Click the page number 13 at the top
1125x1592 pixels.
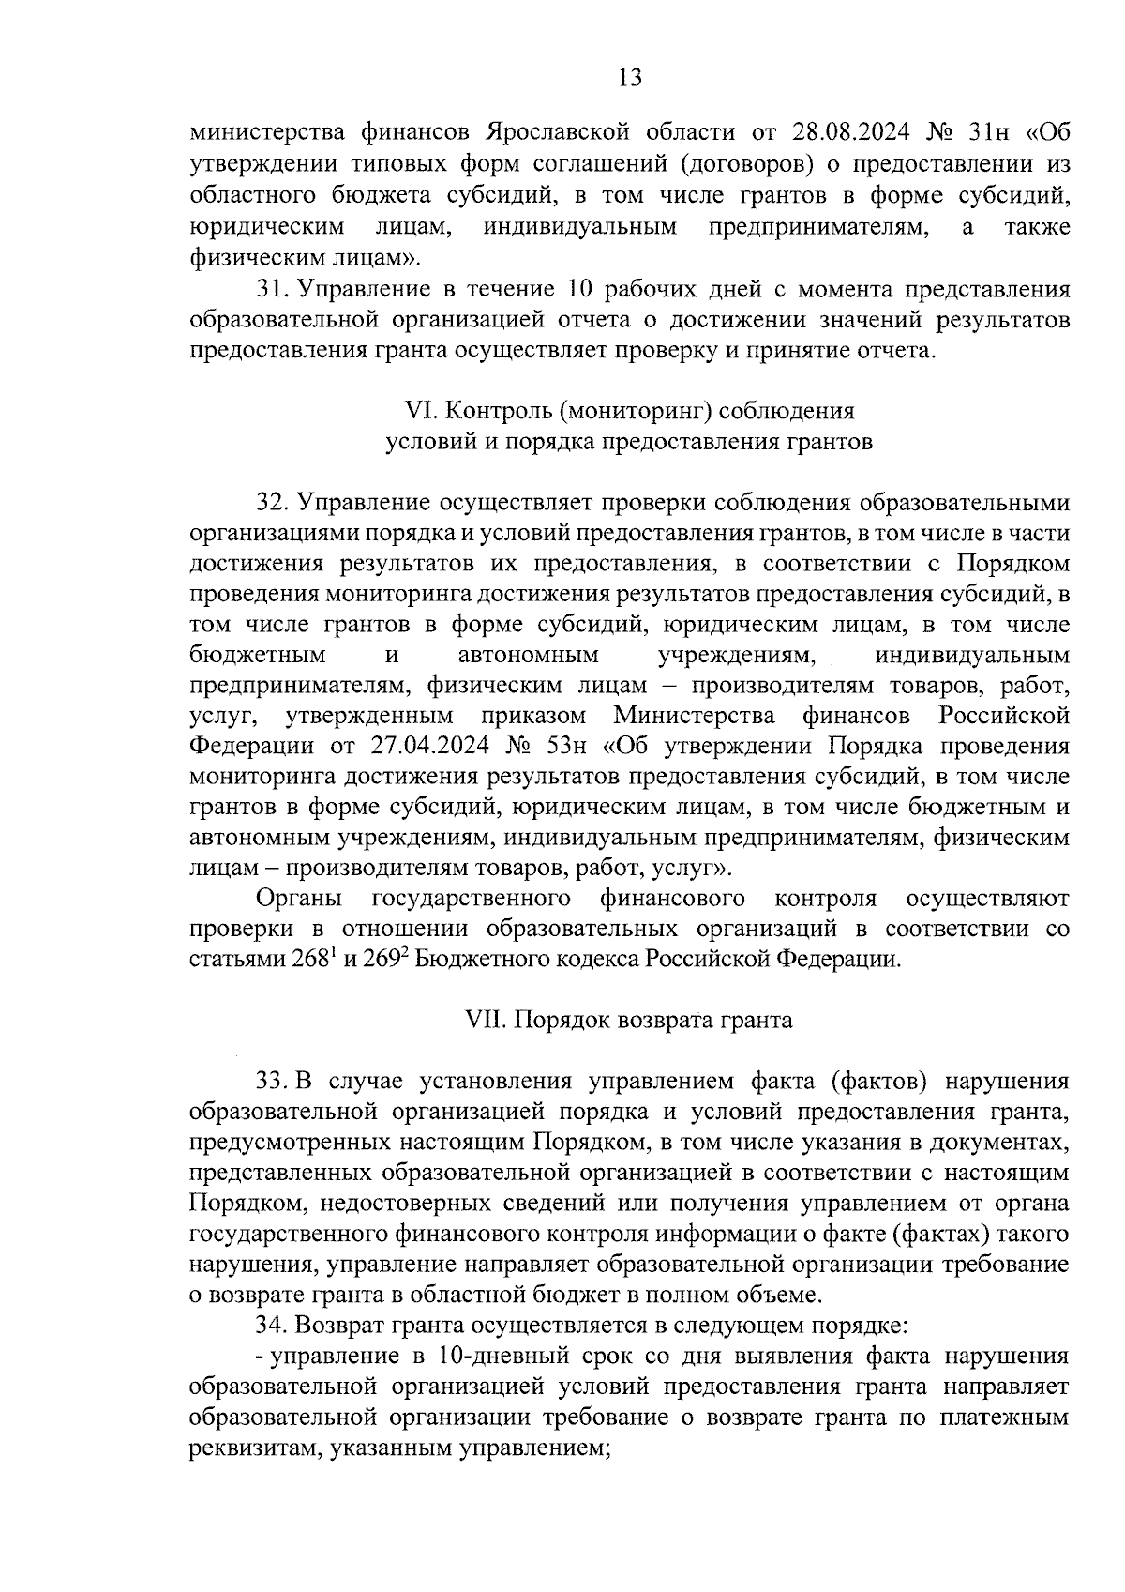(x=630, y=78)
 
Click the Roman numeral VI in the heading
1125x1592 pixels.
(x=416, y=411)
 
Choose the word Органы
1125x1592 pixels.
(x=299, y=899)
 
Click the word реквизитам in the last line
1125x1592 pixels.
(x=244, y=1448)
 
